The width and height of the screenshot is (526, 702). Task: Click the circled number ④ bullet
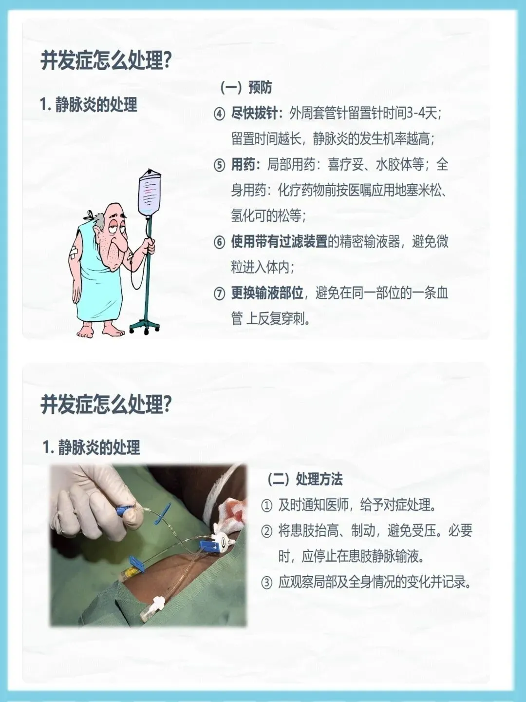pos(219,114)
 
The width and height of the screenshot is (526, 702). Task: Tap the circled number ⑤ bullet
pos(219,166)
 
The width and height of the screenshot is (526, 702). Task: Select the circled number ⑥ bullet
pos(219,242)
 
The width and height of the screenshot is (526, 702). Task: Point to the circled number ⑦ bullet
pos(219,294)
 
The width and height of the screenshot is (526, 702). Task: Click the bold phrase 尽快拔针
pos(254,114)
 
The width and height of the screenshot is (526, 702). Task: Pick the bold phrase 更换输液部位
pos(267,293)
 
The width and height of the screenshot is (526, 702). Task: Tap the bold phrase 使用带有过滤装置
pos(280,242)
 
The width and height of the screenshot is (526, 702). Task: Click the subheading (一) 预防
pos(246,88)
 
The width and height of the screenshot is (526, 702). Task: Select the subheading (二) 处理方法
pos(305,479)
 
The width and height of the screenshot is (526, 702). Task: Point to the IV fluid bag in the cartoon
pos(150,192)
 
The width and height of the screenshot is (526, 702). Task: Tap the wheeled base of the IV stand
pos(145,327)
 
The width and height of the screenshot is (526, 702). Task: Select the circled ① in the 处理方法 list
pos(267,506)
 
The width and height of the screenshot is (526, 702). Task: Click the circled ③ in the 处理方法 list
pos(267,583)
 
